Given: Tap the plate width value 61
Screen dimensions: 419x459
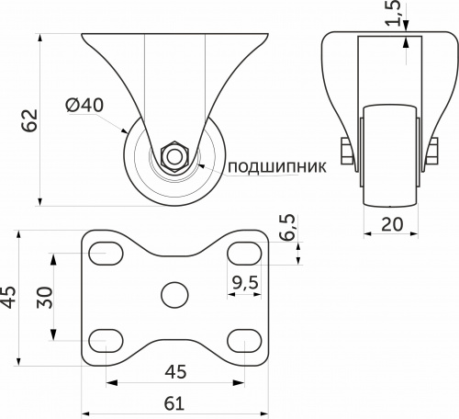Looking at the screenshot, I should click(174, 402).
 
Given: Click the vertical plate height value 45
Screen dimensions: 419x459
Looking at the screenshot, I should click(9, 296).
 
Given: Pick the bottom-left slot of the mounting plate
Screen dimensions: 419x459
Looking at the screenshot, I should click(107, 339).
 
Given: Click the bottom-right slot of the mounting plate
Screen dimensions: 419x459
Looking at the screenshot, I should click(241, 339).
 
